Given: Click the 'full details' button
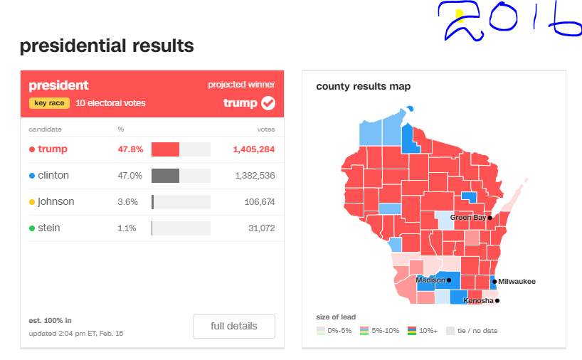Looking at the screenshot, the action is pyautogui.click(x=234, y=327).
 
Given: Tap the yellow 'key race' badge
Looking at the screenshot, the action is pyautogui.click(x=49, y=102).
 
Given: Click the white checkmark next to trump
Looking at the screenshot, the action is pyautogui.click(x=268, y=103).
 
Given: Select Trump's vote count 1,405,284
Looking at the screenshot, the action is pyautogui.click(x=254, y=149).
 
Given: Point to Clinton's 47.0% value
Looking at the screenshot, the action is pyautogui.click(x=130, y=176).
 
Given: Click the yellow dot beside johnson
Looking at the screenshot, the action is pyautogui.click(x=32, y=202).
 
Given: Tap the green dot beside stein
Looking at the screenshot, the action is pyautogui.click(x=32, y=228).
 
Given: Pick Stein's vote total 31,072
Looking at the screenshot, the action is pyautogui.click(x=262, y=228).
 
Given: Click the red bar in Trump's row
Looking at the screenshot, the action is pyautogui.click(x=165, y=149).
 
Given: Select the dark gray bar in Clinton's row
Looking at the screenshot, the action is pyautogui.click(x=165, y=176).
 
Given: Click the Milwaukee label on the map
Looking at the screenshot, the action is pyautogui.click(x=517, y=281).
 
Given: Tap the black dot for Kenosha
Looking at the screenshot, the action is pyautogui.click(x=497, y=301).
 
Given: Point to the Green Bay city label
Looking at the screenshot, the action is pyautogui.click(x=468, y=218).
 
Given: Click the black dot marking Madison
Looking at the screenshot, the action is pyautogui.click(x=449, y=280).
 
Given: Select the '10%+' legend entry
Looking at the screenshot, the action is pyautogui.click(x=423, y=331).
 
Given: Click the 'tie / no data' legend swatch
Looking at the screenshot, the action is pyautogui.click(x=450, y=331).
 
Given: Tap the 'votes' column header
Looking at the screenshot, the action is pyautogui.click(x=266, y=129).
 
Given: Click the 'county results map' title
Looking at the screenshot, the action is pyautogui.click(x=364, y=87).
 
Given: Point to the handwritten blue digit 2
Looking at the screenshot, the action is pyautogui.click(x=460, y=21).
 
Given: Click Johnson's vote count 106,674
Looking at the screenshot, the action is pyautogui.click(x=260, y=202).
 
